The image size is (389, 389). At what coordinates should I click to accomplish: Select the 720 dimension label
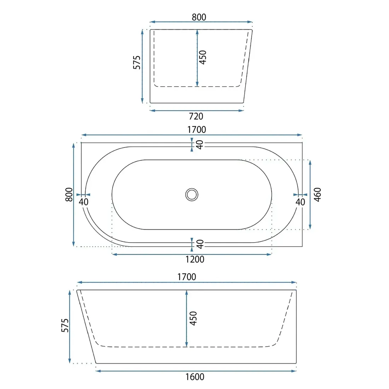pos(196,116)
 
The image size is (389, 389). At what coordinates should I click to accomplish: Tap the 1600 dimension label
pos(195,377)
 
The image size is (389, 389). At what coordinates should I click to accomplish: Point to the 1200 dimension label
pos(195,259)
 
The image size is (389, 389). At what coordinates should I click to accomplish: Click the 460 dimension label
pos(318,195)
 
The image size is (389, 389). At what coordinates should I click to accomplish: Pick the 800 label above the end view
pos(199,17)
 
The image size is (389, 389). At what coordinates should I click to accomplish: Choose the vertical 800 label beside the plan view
pos(69,195)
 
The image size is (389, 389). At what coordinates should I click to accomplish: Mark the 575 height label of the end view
pos(137,63)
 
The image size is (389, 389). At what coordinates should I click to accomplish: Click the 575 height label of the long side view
pos(65,325)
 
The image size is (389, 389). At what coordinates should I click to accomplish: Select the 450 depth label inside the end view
pos(203,57)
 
